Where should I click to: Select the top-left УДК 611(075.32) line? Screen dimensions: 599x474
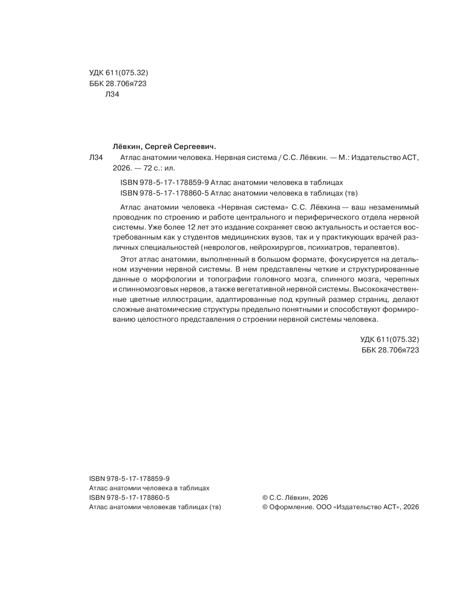click(118, 73)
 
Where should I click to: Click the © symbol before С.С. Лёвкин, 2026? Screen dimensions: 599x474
click(265, 498)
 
